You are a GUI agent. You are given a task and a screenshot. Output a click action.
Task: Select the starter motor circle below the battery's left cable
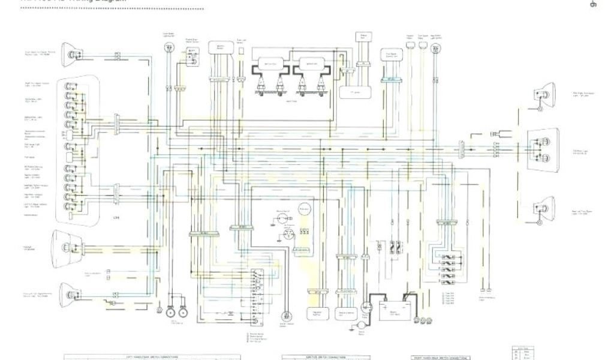pos(361,324)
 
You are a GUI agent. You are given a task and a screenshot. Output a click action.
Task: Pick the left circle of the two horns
pos(171,311)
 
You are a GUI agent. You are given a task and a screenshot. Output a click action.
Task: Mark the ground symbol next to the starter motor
pos(350,328)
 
